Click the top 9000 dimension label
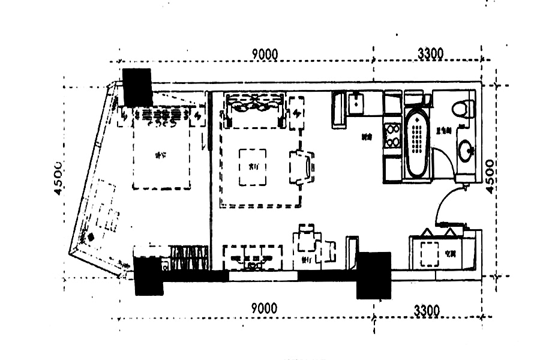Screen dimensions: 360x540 pos(265,54)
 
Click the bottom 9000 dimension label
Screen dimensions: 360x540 pos(264,309)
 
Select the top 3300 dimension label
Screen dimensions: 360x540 pos(430,54)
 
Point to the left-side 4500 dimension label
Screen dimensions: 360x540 pos(58,178)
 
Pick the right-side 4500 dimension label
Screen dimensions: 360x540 pos(490,176)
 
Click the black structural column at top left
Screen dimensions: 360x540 pos(136,87)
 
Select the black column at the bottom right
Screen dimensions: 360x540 pos(374,275)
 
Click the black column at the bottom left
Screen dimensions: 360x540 pos(148,276)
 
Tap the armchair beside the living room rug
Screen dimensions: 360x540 pos(301,167)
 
